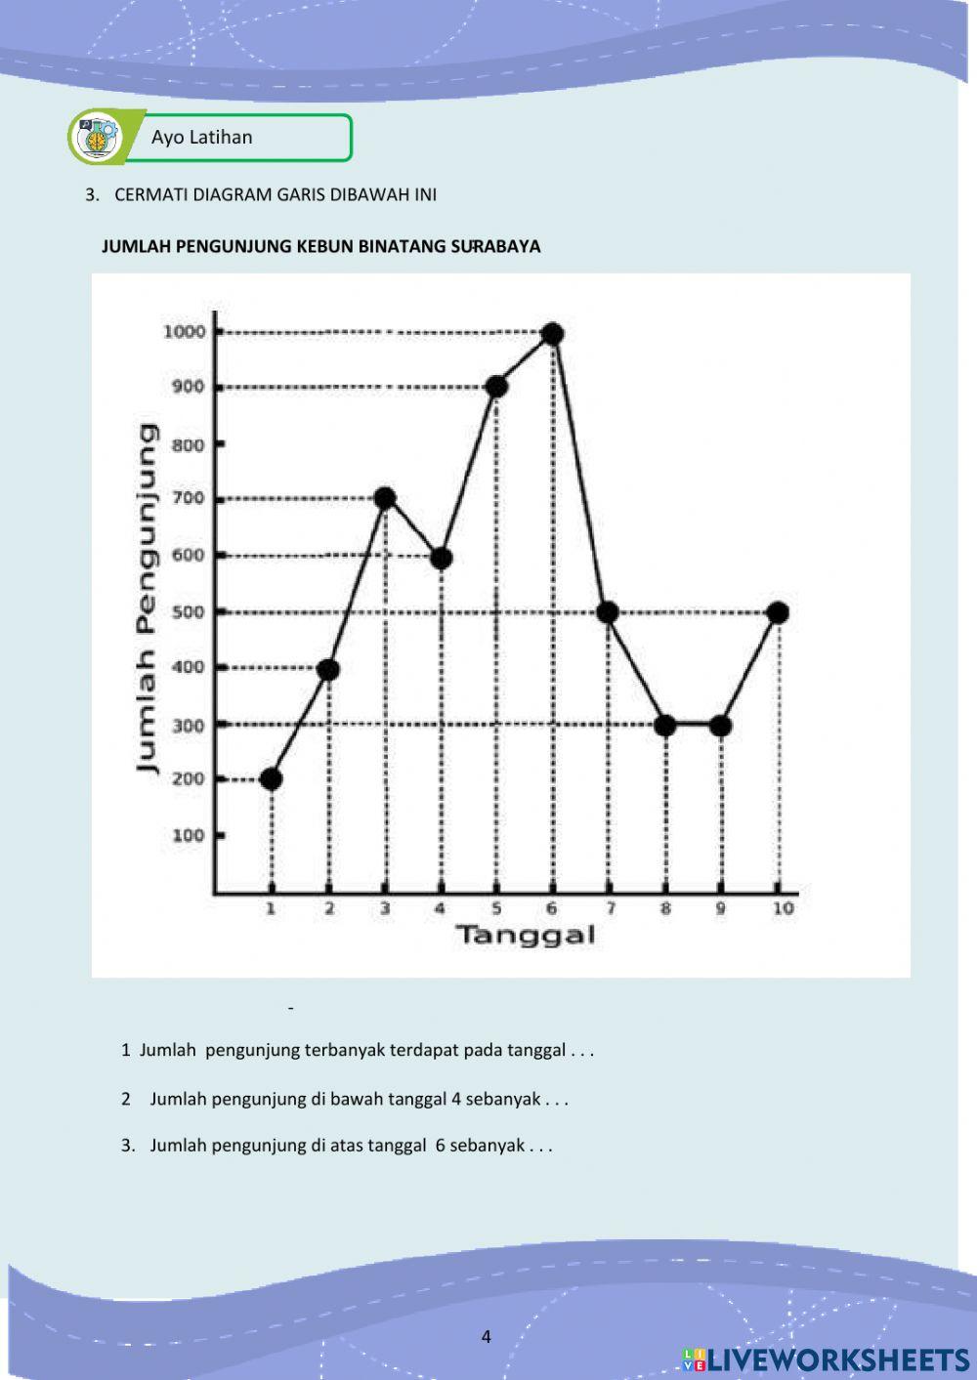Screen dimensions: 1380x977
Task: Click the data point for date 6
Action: [x=552, y=334]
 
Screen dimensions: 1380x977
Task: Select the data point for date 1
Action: [x=272, y=779]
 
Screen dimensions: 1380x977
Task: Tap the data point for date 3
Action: [x=385, y=498]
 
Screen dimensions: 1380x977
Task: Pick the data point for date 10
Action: [x=779, y=613]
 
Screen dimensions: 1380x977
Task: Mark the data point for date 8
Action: [x=665, y=726]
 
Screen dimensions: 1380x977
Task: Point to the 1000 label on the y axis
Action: [x=184, y=331]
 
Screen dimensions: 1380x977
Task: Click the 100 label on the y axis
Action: [x=188, y=835]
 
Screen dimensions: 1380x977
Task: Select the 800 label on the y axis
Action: [x=188, y=444]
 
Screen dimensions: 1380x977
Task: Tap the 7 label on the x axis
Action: [x=610, y=909]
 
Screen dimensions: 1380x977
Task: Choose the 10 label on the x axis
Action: [x=783, y=909]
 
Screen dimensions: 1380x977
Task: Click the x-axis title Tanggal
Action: [x=525, y=936]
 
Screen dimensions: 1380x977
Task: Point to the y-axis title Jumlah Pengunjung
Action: [x=147, y=598]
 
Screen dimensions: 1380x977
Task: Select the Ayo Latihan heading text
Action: [x=201, y=138]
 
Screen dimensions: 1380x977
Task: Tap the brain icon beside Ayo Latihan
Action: [x=97, y=137]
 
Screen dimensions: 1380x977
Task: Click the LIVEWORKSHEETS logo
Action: [x=826, y=1359]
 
